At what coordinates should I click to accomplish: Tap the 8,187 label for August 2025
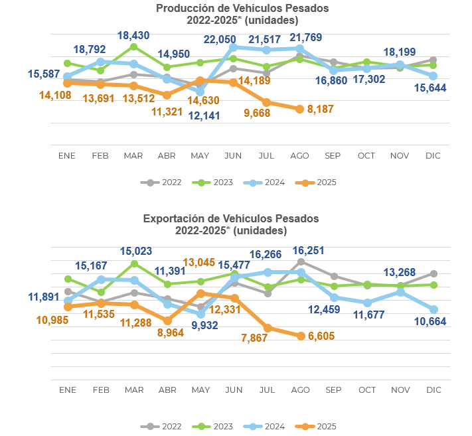coord(321,109)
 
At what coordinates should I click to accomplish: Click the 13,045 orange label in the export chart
coord(198,263)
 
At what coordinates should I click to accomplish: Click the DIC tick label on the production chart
coord(433,155)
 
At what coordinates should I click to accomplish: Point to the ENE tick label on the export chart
coord(67,390)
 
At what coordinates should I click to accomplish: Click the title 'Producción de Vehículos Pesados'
coord(242,8)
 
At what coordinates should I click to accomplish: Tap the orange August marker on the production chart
coord(299,109)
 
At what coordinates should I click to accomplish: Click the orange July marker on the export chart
coord(267,328)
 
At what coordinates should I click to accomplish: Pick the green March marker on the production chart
coord(134,46)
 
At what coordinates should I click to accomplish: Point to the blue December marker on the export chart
coord(433,309)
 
